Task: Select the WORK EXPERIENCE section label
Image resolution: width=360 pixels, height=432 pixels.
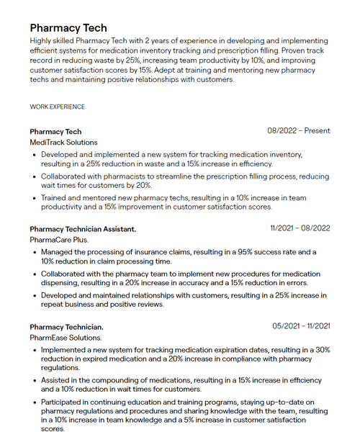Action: point(57,107)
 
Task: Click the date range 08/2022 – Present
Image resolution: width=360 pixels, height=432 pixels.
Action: point(299,131)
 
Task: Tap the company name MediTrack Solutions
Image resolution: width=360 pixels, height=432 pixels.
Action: point(63,143)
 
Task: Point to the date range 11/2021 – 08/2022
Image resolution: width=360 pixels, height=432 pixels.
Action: point(300,228)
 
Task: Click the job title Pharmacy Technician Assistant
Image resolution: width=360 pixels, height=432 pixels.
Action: point(83,229)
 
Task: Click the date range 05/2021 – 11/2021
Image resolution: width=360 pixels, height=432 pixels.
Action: point(301,326)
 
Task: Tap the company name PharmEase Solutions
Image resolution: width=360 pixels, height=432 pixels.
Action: point(66,337)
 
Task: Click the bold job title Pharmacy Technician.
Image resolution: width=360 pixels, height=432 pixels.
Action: point(66,327)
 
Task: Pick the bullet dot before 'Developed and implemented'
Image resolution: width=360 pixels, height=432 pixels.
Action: point(35,155)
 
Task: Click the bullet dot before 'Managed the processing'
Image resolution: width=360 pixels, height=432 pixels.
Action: point(35,252)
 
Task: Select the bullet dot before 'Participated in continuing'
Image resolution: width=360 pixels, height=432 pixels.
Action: point(35,402)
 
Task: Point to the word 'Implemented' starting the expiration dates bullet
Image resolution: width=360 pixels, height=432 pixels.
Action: point(63,349)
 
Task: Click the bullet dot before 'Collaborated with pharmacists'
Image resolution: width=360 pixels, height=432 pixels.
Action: point(35,176)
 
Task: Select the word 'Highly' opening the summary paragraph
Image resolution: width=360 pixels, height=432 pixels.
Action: point(42,42)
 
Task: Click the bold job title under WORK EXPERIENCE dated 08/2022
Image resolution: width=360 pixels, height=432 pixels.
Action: point(55,132)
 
